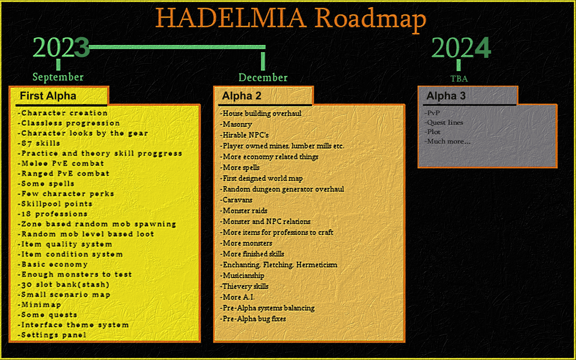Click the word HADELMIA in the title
tap(231, 18)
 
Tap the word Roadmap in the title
tap(371, 20)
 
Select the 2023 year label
tap(61, 47)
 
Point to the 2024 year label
tap(461, 48)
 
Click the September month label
tap(58, 77)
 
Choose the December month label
tap(263, 78)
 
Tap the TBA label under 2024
tap(459, 79)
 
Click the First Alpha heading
tap(48, 96)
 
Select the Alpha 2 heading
tap(241, 96)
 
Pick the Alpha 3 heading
tap(446, 96)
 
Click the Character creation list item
tap(63, 113)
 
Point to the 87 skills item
tap(39, 143)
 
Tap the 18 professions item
tap(52, 214)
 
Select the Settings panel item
tap(52, 335)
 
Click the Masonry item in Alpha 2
tap(236, 124)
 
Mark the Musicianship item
tap(242, 276)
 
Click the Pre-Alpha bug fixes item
tap(253, 319)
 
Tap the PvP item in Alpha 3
tap(432, 113)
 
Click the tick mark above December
tap(263, 61)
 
